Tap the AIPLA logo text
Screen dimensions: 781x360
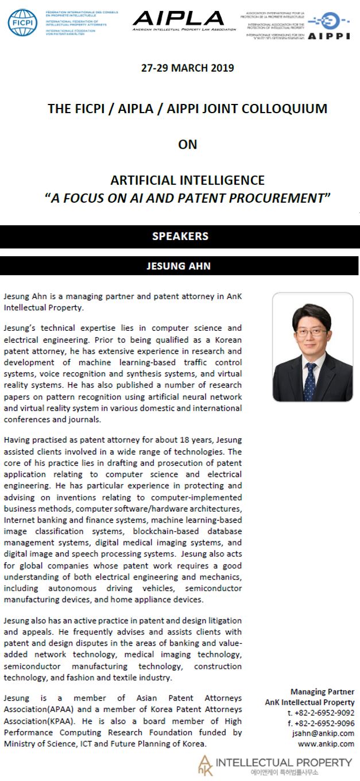178,17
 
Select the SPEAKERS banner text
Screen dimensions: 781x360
180,236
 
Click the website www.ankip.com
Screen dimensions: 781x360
326,744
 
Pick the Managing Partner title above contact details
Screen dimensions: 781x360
322,691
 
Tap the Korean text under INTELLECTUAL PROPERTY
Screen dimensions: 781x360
284,772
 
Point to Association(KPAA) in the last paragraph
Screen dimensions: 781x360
35,721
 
